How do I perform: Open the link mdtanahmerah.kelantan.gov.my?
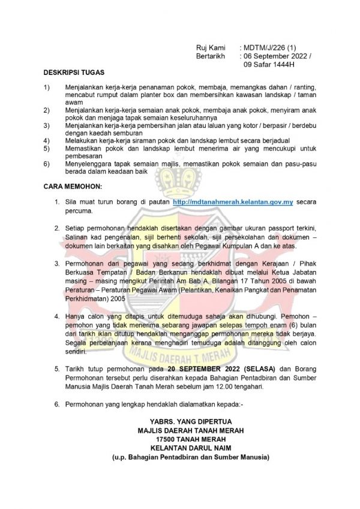click(233, 203)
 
